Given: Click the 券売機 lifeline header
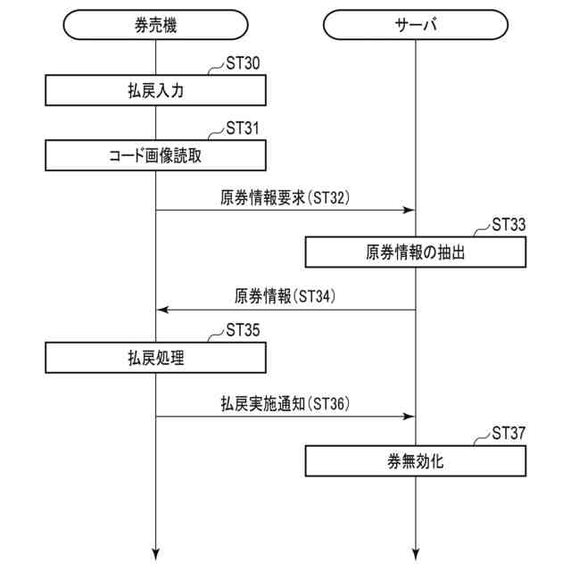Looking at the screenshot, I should (x=156, y=25).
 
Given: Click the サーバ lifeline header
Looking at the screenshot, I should (x=416, y=25).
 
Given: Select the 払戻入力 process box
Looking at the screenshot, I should (x=156, y=90).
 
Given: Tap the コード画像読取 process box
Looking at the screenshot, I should (x=156, y=155).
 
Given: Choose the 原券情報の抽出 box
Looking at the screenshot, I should (x=416, y=252).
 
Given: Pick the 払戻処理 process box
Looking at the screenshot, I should (x=156, y=359).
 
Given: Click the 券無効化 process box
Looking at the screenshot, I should (x=416, y=461).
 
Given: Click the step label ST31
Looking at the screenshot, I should (x=243, y=129).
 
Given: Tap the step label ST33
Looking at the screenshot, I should (x=509, y=226).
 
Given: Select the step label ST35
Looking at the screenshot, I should (x=243, y=332).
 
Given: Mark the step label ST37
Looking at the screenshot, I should (x=509, y=434).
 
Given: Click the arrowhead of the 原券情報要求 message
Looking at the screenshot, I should (x=410, y=211).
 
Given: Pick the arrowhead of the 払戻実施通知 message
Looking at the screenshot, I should (x=410, y=416).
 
